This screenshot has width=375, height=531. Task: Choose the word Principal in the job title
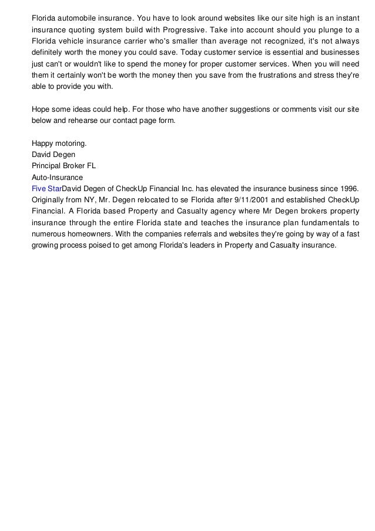pos(47,165)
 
